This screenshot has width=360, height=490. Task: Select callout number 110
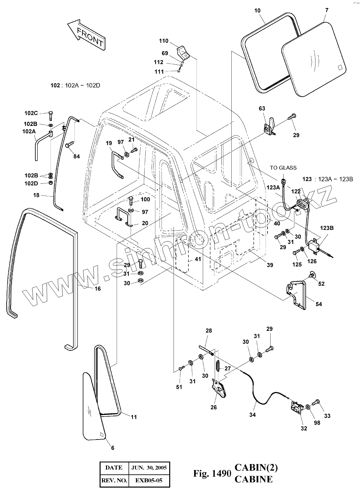[164, 41]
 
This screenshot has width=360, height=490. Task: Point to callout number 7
[327, 10]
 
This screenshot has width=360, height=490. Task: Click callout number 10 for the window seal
[257, 11]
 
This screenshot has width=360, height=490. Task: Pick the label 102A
[29, 131]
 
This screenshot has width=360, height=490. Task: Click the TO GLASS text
[283, 168]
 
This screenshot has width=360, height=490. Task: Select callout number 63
[262, 108]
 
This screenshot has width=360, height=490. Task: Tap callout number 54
[318, 304]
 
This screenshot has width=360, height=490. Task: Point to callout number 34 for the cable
[252, 415]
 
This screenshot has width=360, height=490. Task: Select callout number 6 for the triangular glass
[113, 448]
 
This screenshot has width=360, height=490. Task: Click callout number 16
[97, 289]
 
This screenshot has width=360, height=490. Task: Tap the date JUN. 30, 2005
[149, 468]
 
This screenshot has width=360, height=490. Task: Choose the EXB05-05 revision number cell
[149, 480]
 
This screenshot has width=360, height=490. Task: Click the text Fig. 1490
[212, 473]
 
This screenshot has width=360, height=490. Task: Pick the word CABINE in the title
[254, 479]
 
